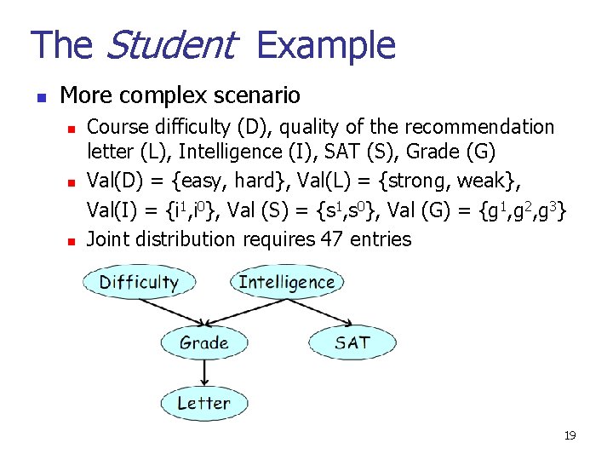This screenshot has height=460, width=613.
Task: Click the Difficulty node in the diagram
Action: (x=139, y=282)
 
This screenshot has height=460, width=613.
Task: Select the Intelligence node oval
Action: (x=286, y=282)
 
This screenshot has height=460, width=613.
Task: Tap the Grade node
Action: (x=204, y=343)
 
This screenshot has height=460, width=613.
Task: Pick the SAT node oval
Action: (x=352, y=342)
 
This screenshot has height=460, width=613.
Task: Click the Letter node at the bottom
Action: (x=203, y=404)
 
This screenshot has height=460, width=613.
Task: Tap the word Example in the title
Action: (x=325, y=45)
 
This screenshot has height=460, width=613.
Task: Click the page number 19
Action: (x=570, y=436)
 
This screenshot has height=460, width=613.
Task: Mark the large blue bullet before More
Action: (x=39, y=95)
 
